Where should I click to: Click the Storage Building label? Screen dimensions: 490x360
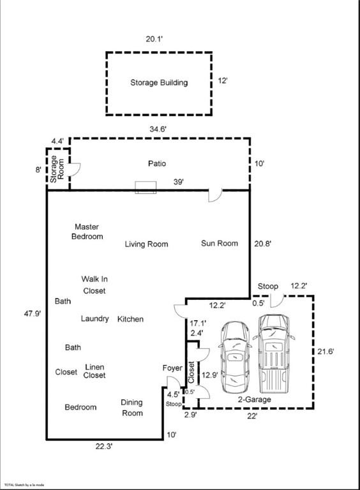pyautogui.click(x=159, y=82)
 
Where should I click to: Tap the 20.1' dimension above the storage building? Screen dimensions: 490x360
pyautogui.click(x=154, y=40)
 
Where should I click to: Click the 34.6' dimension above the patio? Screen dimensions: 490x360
pyautogui.click(x=158, y=130)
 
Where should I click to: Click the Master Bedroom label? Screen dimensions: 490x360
pyautogui.click(x=87, y=232)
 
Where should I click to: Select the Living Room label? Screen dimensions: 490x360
pyautogui.click(x=146, y=244)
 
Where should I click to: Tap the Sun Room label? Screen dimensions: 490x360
pyautogui.click(x=219, y=243)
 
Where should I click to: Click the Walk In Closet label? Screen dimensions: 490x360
pyautogui.click(x=94, y=285)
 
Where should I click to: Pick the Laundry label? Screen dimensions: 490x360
pyautogui.click(x=94, y=319)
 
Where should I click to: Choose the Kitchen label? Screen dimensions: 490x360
pyautogui.click(x=130, y=319)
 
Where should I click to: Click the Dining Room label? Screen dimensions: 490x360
pyautogui.click(x=132, y=408)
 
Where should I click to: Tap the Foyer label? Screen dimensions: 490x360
pyautogui.click(x=172, y=368)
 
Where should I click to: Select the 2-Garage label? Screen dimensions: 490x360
pyautogui.click(x=255, y=399)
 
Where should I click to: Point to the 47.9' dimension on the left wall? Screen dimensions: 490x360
pyautogui.click(x=32, y=315)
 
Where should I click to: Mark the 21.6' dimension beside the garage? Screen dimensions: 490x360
pyautogui.click(x=326, y=352)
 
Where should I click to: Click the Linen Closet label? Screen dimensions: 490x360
pyautogui.click(x=94, y=371)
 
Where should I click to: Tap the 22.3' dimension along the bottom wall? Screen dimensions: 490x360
pyautogui.click(x=104, y=448)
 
